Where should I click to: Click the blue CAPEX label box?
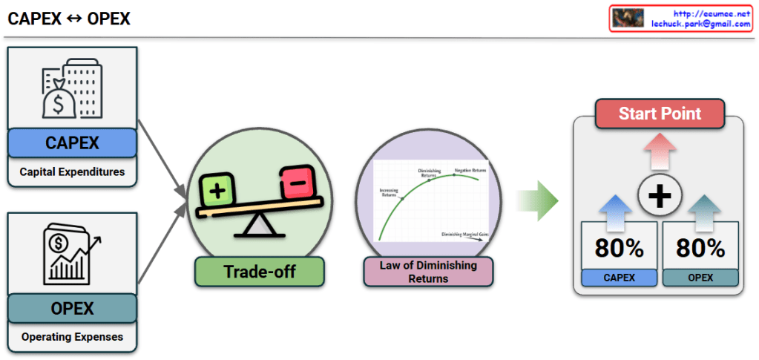(x=72, y=143)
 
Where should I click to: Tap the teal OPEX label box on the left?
(x=72, y=308)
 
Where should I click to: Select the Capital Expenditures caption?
(x=72, y=172)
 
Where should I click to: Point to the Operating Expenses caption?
(x=72, y=337)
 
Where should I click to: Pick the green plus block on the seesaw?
(x=217, y=190)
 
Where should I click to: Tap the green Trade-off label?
(x=259, y=272)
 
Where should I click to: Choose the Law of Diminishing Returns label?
(x=428, y=272)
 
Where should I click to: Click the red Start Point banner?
(x=659, y=114)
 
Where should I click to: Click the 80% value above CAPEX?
(x=619, y=248)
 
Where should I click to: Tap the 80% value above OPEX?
(x=700, y=248)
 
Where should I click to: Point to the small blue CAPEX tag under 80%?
(x=619, y=278)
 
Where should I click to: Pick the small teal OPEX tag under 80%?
(x=700, y=278)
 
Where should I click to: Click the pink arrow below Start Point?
(x=659, y=151)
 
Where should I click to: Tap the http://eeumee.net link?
(x=712, y=13)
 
